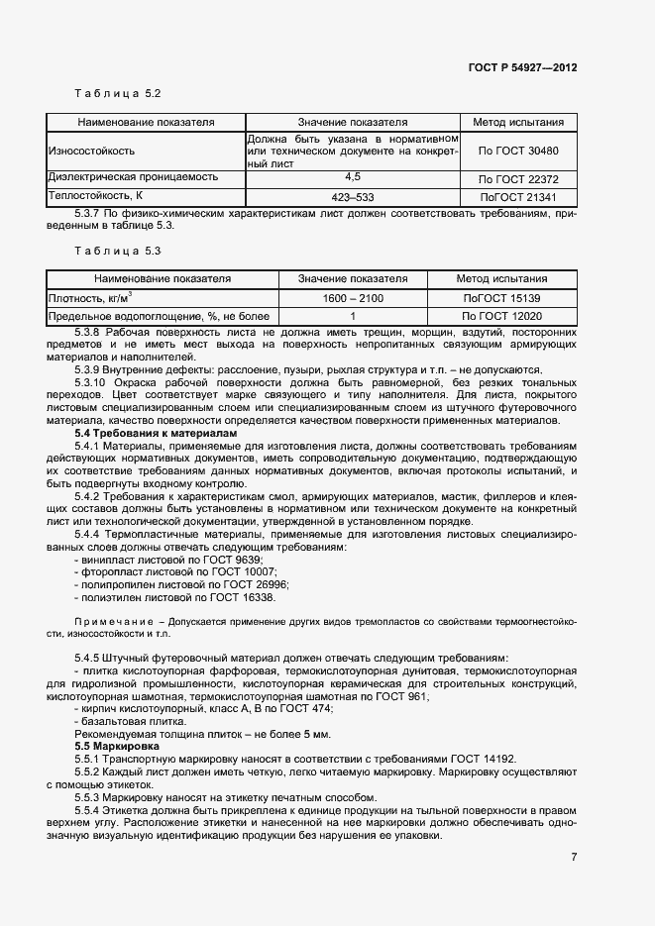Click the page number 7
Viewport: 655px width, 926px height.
tap(574, 857)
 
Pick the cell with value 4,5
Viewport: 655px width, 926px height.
tap(352, 176)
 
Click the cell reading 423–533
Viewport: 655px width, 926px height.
tap(352, 196)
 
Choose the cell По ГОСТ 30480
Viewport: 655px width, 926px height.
tap(518, 151)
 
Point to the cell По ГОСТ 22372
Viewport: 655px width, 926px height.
tap(518, 178)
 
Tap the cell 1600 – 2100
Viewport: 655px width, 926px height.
tap(353, 298)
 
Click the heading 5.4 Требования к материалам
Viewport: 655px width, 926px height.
tap(157, 433)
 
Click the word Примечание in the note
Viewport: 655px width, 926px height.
tap(110, 621)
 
